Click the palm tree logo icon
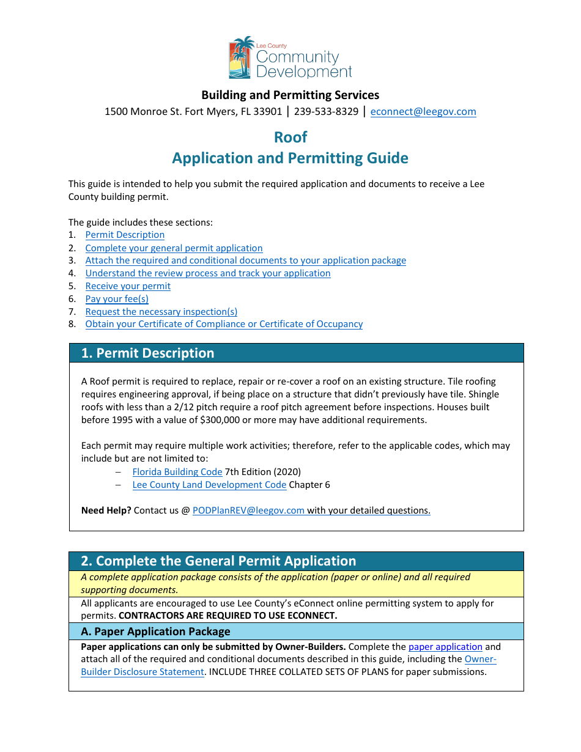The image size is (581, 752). tap(242, 57)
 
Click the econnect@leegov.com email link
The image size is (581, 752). tap(423, 111)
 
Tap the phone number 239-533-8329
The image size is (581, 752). tap(326, 111)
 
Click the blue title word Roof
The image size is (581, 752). tap(290, 137)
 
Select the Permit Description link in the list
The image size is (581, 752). tap(125, 235)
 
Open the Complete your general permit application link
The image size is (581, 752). tap(174, 248)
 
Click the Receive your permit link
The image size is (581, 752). tap(128, 286)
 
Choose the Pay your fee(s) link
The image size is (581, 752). tap(117, 299)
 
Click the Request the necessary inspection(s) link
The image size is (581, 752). tap(161, 312)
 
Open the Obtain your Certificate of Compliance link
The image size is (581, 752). tap(224, 324)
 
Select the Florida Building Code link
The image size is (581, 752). tap(177, 472)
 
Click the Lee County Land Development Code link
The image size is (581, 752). tap(209, 485)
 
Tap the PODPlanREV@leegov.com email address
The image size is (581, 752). tap(248, 511)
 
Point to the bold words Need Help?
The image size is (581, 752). tap(106, 511)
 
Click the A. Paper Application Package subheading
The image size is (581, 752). tap(156, 632)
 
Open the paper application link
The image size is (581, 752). tap(445, 646)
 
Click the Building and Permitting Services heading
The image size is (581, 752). tap(290, 95)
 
